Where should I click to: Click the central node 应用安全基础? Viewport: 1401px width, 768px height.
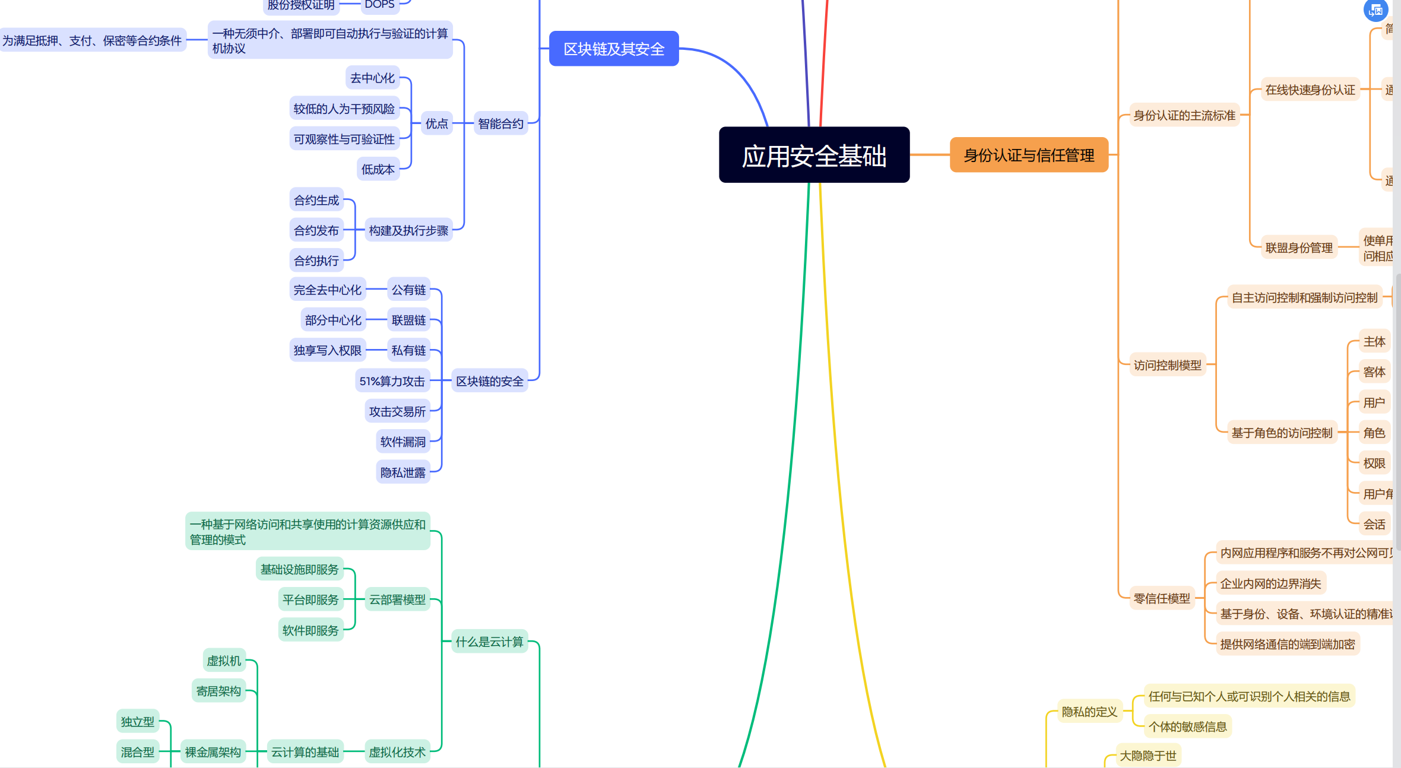(814, 155)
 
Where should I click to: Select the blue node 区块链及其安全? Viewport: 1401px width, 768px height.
(614, 49)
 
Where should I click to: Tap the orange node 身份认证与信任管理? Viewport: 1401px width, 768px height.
(1029, 155)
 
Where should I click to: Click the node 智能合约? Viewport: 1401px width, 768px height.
(500, 123)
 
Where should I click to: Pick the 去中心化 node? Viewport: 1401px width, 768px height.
(372, 78)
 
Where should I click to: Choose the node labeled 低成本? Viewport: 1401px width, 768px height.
(378, 169)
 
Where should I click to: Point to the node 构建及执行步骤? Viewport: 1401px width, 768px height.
(408, 230)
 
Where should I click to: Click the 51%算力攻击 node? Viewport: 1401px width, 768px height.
(392, 381)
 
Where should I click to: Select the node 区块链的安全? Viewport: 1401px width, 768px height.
(489, 381)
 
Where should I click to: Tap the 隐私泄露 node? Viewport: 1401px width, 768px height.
(403, 472)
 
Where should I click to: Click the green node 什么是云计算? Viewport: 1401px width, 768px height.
(489, 642)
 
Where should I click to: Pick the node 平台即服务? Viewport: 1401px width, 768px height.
(310, 599)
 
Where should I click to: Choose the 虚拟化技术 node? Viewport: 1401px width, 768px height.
(397, 752)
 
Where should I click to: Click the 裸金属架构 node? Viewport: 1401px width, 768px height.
(213, 752)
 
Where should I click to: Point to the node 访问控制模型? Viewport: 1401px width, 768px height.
(1167, 365)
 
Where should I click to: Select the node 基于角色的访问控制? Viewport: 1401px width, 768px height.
(1282, 433)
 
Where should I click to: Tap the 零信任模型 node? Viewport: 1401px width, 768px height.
(1162, 598)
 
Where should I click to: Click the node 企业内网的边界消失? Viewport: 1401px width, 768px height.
(1270, 583)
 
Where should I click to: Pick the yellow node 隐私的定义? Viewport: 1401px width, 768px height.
(1089, 711)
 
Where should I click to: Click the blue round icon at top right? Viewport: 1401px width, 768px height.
(1375, 10)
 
